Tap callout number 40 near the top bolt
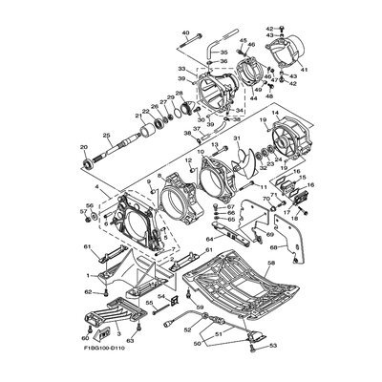tap(185, 32)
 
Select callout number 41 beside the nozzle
tap(305, 69)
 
